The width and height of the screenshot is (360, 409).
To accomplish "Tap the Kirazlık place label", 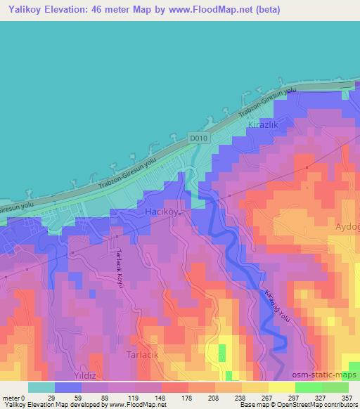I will click(264, 124).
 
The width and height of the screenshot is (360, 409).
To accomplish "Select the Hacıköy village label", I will click(161, 212).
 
